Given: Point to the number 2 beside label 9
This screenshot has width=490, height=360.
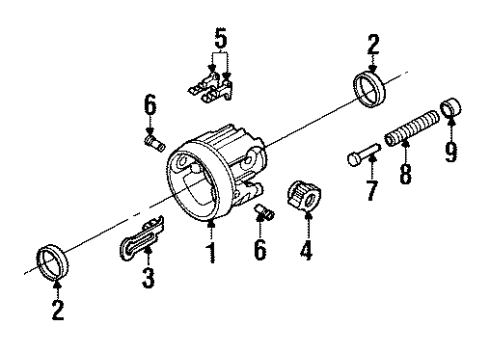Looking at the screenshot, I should pos(372,44).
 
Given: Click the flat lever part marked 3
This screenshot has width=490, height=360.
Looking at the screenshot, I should pos(141,239).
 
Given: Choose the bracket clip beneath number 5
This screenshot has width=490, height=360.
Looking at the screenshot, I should pos(212,82).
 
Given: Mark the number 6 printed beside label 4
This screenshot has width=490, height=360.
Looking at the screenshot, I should pos(261,248).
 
